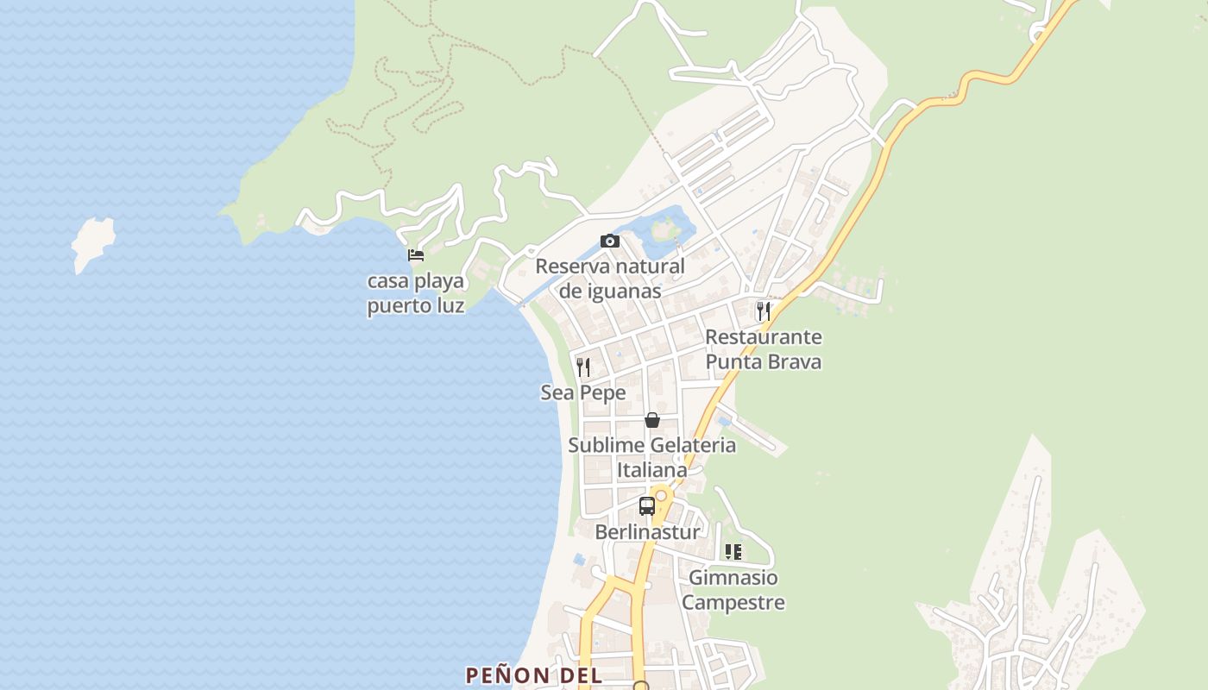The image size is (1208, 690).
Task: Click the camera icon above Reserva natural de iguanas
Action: tap(610, 241)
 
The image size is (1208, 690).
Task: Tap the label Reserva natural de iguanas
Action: tap(610, 279)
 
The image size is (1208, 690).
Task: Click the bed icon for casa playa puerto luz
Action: tap(416, 254)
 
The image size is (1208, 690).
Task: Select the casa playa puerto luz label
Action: tap(416, 293)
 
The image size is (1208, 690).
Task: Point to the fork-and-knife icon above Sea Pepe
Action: tap(583, 367)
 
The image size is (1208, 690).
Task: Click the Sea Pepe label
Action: tap(583, 393)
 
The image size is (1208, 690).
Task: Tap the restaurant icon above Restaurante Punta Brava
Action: tap(764, 310)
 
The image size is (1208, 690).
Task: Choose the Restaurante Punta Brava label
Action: tap(764, 349)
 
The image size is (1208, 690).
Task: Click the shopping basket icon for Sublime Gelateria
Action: tap(652, 420)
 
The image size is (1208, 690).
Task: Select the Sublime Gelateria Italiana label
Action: tap(652, 457)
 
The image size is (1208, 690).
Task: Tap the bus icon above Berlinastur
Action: tap(647, 506)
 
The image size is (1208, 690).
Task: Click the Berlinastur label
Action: tap(647, 532)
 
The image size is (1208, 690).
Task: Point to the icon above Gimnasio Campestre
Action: tap(733, 552)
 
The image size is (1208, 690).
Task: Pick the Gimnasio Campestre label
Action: tap(733, 590)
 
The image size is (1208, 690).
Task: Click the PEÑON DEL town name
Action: tap(533, 675)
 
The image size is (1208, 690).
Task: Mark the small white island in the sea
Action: tap(92, 243)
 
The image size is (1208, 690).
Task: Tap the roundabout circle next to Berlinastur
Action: tap(662, 496)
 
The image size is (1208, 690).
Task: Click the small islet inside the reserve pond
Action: tap(664, 229)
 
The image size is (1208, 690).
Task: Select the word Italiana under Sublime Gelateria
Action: tap(652, 471)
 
